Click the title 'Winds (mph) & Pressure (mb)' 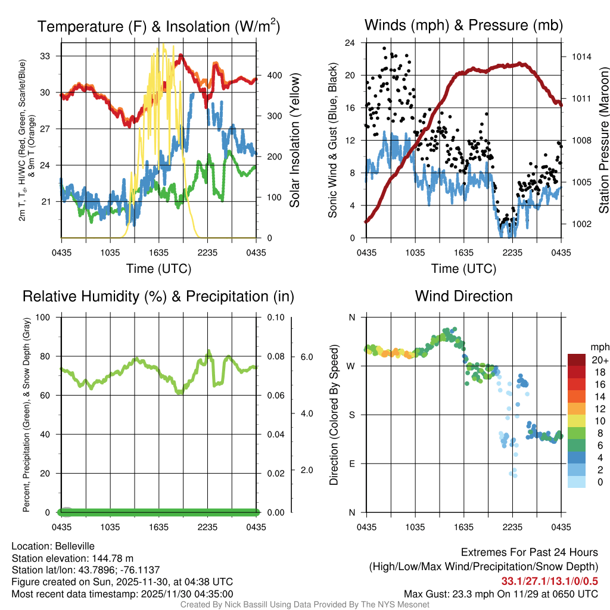463,26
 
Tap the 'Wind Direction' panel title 463,296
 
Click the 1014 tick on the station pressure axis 581,57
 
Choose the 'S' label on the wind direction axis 351,415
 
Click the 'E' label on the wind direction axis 351,463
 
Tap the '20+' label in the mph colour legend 598,360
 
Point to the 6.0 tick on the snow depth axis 306,357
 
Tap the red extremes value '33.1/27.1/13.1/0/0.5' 549,581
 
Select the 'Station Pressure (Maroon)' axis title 603,141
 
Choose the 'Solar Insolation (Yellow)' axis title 295,141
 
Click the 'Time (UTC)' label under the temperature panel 158,269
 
